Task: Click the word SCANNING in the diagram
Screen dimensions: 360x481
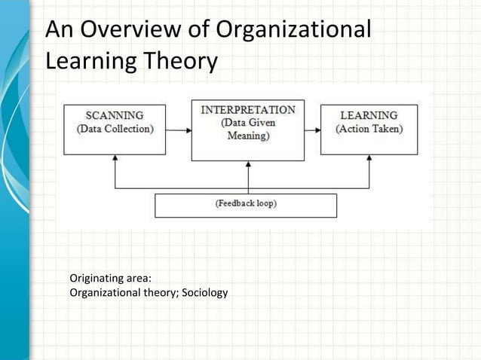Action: pos(115,115)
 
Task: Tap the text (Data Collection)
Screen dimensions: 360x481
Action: pos(115,129)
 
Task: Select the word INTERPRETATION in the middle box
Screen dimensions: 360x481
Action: pos(248,110)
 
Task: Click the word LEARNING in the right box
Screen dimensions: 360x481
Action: pos(369,115)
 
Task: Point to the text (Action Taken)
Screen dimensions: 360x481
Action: pos(369,129)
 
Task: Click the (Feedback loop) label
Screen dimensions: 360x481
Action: pos(246,203)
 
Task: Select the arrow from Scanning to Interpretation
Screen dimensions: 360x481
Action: pos(178,130)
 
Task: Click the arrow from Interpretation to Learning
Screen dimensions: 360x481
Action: pos(312,130)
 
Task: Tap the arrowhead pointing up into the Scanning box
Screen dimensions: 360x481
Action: pos(115,159)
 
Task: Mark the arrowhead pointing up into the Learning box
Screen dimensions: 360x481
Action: pos(369,159)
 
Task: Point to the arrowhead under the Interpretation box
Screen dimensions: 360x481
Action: pos(248,165)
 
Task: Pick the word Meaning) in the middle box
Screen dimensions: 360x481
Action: pos(248,136)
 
